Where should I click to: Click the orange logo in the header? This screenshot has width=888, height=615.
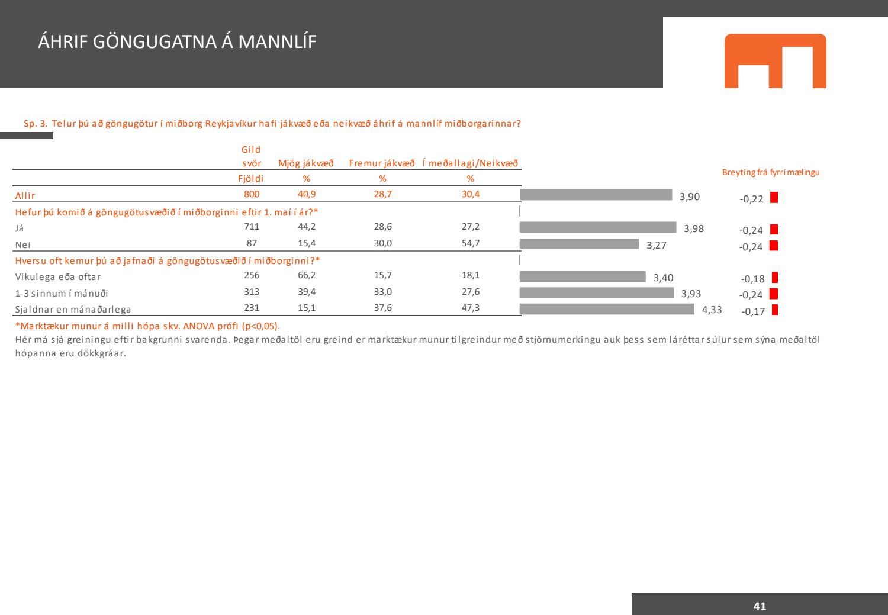tap(775, 61)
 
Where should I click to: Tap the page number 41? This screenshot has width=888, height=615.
tap(760, 606)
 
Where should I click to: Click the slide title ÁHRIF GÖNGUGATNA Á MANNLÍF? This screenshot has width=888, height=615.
tap(177, 41)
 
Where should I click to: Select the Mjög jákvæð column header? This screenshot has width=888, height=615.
tap(306, 163)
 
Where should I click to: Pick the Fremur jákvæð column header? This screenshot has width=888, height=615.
tap(382, 163)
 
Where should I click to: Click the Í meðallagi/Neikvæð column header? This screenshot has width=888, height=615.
tap(470, 163)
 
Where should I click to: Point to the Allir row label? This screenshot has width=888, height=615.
tap(25, 195)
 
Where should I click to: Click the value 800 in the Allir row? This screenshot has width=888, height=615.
tap(252, 194)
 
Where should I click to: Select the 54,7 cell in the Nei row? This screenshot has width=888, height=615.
tap(471, 243)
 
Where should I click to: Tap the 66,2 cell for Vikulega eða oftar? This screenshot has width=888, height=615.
tap(307, 275)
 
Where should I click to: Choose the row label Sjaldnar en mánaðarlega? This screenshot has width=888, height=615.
tap(73, 309)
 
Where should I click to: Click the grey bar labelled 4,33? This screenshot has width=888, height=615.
tap(607, 309)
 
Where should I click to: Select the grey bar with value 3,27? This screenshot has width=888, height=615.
tap(580, 244)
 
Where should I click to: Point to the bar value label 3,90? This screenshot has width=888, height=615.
tap(690, 197)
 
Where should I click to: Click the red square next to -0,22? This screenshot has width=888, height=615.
tap(774, 198)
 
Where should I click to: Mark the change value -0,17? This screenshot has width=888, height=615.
tap(753, 311)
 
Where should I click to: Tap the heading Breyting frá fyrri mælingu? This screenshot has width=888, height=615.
tap(771, 172)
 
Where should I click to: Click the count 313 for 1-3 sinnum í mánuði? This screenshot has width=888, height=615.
tap(252, 292)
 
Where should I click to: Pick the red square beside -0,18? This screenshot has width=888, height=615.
tap(775, 278)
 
